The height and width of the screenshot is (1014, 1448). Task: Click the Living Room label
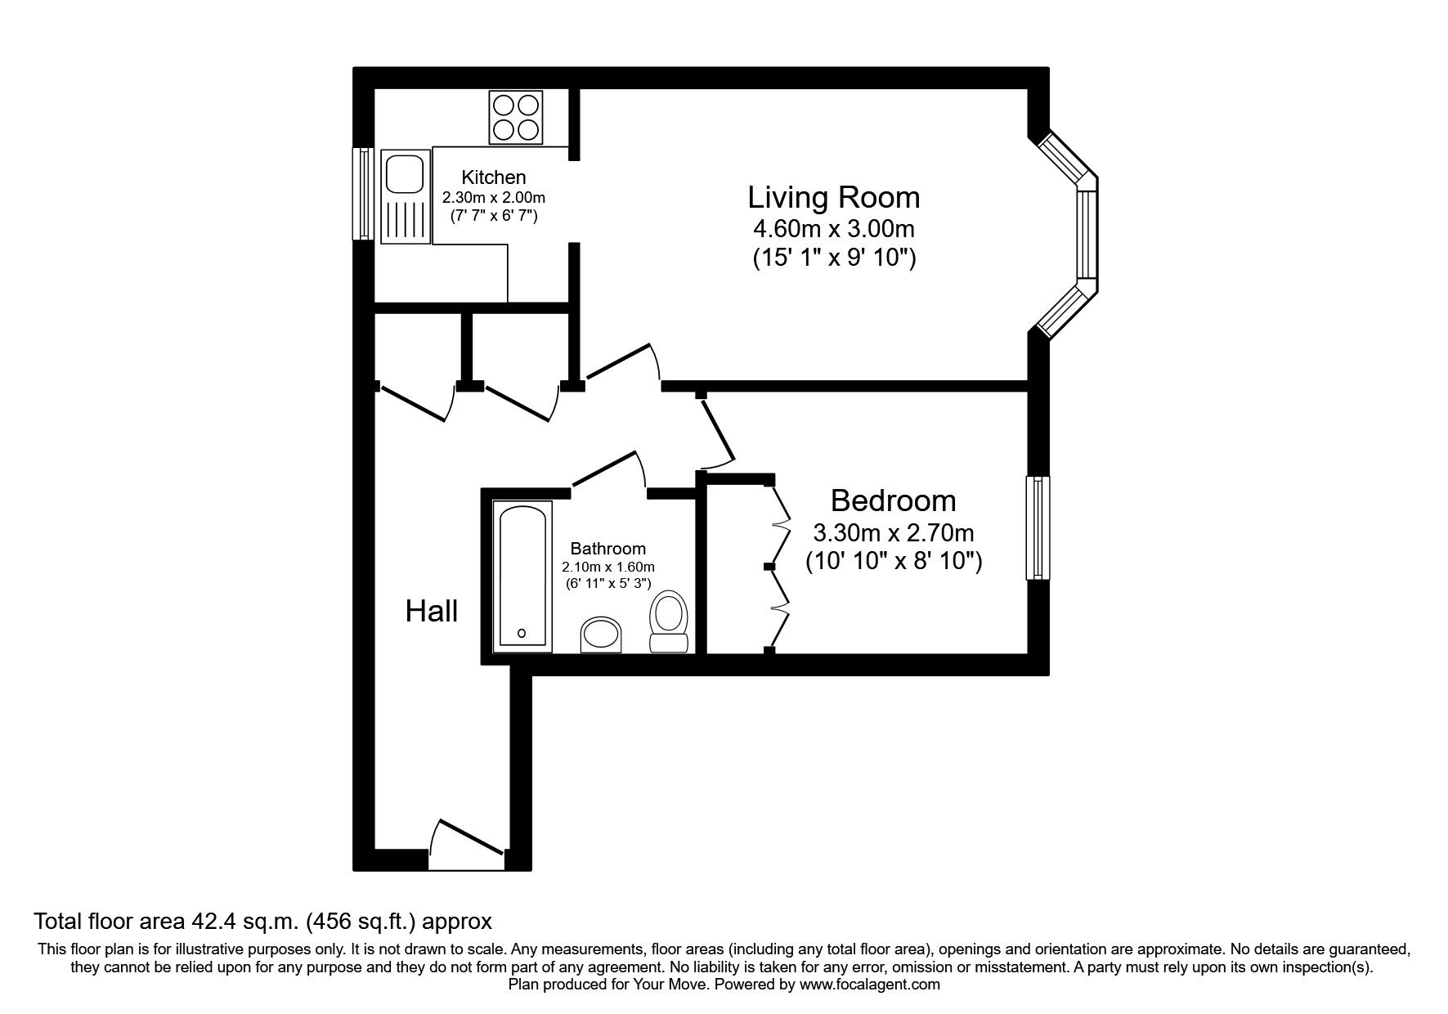pyautogui.click(x=833, y=198)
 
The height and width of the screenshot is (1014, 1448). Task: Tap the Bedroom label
pyautogui.click(x=893, y=500)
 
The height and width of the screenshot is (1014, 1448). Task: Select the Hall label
pyautogui.click(x=431, y=611)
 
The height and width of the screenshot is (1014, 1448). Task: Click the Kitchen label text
pyautogui.click(x=494, y=177)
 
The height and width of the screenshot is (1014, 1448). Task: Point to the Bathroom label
pyautogui.click(x=608, y=549)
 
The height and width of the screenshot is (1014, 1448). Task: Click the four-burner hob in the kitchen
pyautogui.click(x=516, y=117)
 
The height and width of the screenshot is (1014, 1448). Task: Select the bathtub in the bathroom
pyautogui.click(x=522, y=577)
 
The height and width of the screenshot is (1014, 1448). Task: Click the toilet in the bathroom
pyautogui.click(x=670, y=621)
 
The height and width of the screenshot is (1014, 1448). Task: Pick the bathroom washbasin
pyautogui.click(x=602, y=635)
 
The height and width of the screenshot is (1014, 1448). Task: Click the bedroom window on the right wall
pyautogui.click(x=1038, y=528)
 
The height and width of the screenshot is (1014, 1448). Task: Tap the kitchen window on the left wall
pyautogui.click(x=363, y=194)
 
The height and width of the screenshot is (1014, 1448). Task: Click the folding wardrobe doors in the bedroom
pyautogui.click(x=778, y=566)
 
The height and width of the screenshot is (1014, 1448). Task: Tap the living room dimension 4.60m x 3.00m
pyautogui.click(x=833, y=228)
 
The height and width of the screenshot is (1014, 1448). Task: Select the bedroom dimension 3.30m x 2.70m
pyautogui.click(x=893, y=533)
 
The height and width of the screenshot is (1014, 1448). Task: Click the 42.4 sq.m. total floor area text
pyautogui.click(x=262, y=922)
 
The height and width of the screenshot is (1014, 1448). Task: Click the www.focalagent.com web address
pyautogui.click(x=869, y=985)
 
